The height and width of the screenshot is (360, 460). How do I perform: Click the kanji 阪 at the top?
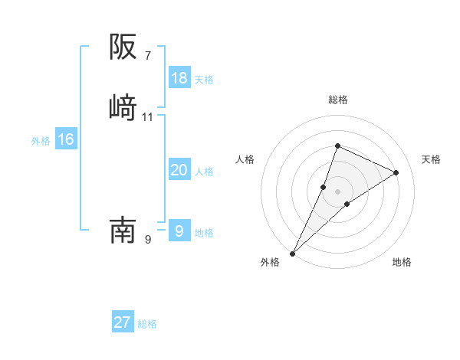(x=123, y=47)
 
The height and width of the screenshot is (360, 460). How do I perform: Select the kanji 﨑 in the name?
(x=123, y=106)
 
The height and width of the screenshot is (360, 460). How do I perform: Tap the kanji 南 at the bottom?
(x=123, y=229)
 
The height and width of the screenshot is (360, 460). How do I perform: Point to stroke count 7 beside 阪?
(x=147, y=56)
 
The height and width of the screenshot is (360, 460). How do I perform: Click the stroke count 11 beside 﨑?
(x=148, y=117)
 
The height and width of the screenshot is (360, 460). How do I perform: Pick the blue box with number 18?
(x=179, y=78)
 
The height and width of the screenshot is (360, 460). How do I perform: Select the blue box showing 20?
(x=179, y=170)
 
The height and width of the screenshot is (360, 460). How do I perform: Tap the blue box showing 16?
(x=66, y=139)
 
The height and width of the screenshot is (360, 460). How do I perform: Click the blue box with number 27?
(x=123, y=322)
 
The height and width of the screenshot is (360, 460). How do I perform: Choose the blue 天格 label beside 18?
(x=204, y=80)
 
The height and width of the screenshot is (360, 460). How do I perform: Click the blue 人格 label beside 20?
(x=204, y=172)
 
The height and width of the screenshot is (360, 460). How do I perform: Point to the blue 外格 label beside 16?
(x=41, y=141)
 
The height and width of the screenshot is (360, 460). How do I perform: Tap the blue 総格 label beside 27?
(x=147, y=324)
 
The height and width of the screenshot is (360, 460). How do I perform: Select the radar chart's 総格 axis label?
(x=338, y=100)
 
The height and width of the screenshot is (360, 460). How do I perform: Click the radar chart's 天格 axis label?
(x=432, y=159)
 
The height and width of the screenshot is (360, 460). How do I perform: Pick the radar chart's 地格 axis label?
(x=402, y=262)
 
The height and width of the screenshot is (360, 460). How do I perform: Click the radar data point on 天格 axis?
(x=396, y=172)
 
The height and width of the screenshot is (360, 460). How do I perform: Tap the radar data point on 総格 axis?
(x=337, y=146)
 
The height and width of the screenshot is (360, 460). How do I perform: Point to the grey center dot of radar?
(x=337, y=191)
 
